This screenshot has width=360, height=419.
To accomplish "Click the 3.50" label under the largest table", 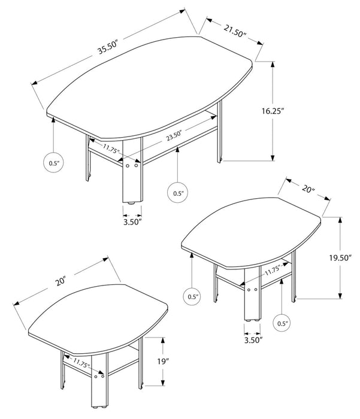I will point(132,221).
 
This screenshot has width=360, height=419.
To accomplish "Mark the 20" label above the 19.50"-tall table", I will point(308,190).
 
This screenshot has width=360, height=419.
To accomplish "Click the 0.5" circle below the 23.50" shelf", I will point(178,193).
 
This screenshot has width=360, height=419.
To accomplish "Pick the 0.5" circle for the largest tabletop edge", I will point(54,162).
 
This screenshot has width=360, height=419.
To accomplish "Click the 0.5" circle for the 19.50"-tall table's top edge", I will point(193,296).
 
